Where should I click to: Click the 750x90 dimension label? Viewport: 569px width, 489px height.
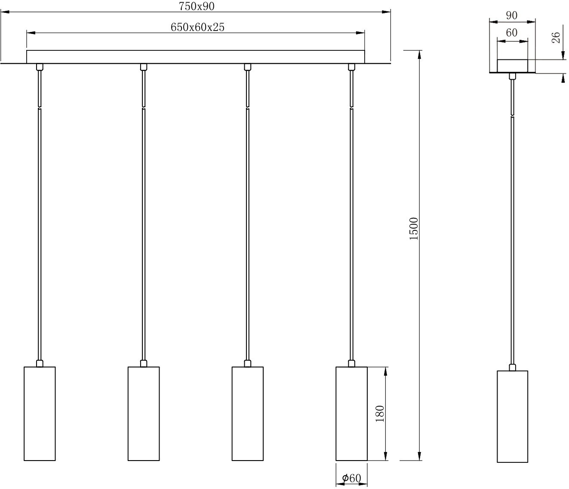197,6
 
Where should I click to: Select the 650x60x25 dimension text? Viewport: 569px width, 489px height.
197,27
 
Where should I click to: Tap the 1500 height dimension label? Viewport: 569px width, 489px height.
413,229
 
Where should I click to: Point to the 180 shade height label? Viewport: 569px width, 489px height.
379,413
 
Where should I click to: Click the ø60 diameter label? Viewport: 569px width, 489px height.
351,478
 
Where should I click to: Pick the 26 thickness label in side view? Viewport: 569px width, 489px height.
556,37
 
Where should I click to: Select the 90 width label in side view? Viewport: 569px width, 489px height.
511,15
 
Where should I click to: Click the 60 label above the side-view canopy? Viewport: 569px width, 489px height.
511,33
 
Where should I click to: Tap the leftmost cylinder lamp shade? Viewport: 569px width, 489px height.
40,413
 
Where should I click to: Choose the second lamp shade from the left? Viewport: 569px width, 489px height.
144,413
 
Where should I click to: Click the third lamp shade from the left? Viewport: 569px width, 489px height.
247,413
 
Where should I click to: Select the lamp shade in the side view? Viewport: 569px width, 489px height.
512,416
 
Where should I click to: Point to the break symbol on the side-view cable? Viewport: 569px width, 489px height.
512,115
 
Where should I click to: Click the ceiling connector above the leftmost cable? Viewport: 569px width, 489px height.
40,67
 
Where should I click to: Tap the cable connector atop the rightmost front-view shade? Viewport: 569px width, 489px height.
351,363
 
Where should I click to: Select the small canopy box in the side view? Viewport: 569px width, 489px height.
512,65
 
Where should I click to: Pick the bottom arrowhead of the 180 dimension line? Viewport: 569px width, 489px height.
386,457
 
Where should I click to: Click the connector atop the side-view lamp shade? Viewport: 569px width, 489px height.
512,368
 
